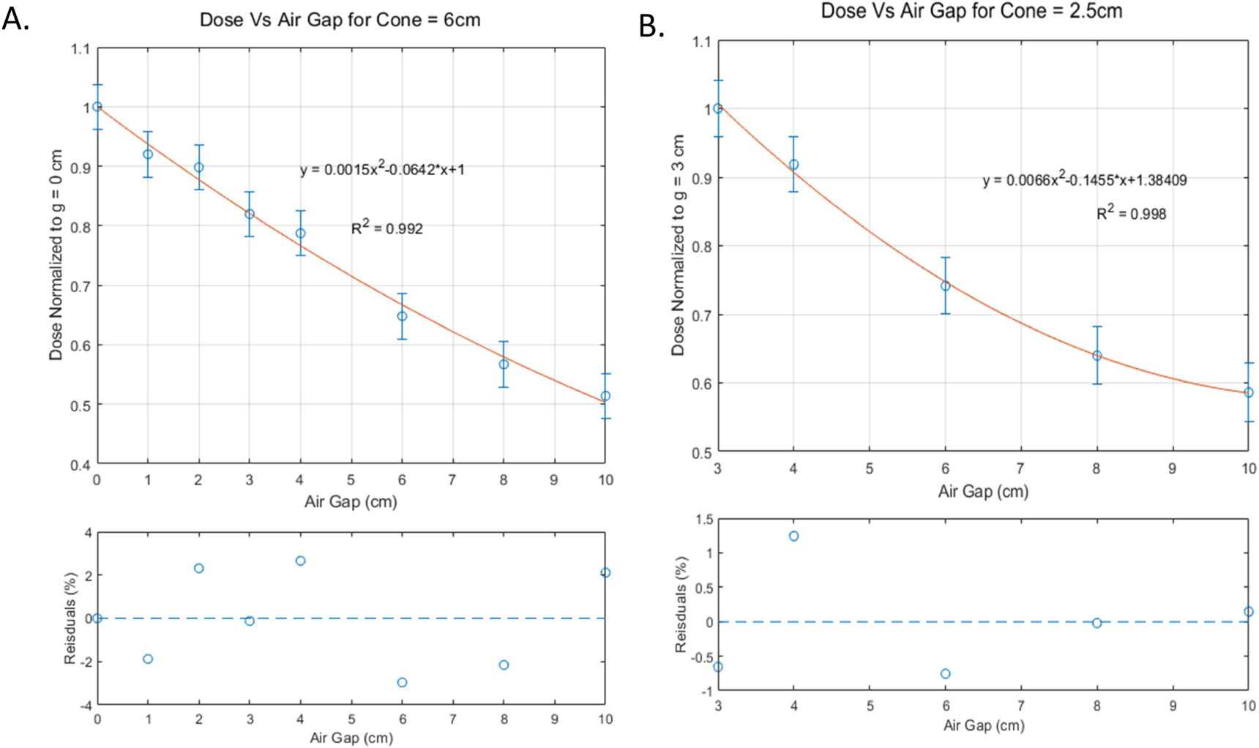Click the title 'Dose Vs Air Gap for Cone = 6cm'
point(340,20)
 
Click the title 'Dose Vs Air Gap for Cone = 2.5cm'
point(971,11)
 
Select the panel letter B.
point(651,26)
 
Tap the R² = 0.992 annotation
point(386,228)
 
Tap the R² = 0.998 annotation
point(1131,213)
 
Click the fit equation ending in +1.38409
point(1084,180)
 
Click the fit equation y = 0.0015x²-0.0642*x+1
point(382,169)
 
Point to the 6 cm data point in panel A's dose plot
point(402,316)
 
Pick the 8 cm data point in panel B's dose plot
point(1097,356)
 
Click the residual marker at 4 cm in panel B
point(793,536)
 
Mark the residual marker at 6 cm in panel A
point(402,682)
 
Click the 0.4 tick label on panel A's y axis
point(81,465)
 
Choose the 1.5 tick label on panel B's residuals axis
point(703,520)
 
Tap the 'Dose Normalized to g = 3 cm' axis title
point(678,245)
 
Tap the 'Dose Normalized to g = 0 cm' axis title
point(56,255)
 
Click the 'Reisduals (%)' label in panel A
point(70,619)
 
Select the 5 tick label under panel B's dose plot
point(869,468)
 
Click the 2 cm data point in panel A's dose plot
point(198,168)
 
